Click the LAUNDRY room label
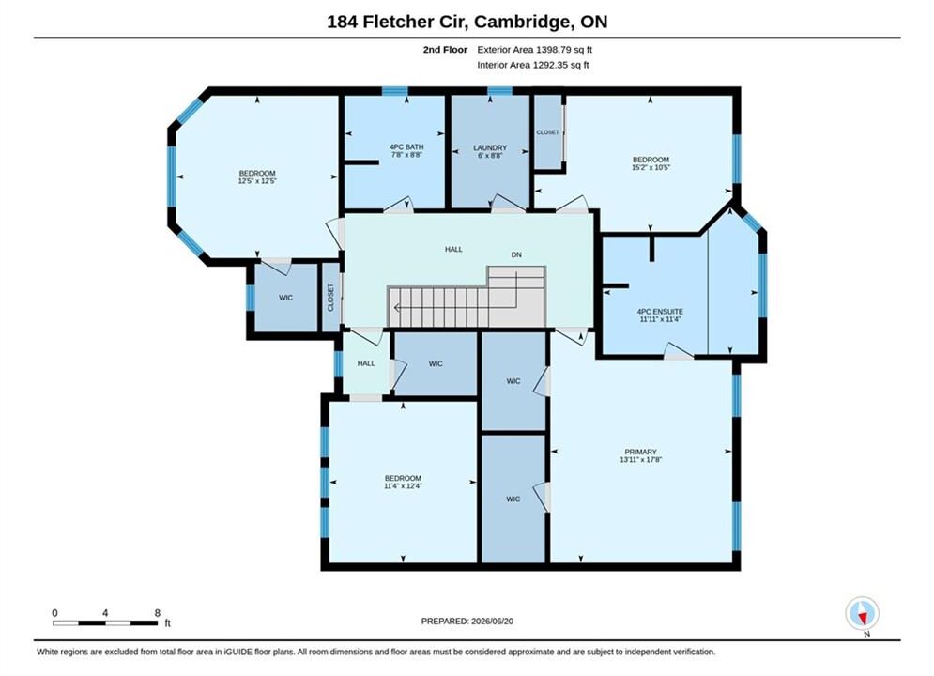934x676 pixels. (x=490, y=147)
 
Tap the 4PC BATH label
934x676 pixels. (x=406, y=147)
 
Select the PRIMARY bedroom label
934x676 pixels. (x=640, y=452)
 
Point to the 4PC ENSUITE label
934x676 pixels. (x=660, y=312)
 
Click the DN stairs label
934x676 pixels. (x=516, y=254)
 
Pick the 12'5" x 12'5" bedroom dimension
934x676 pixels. (x=257, y=181)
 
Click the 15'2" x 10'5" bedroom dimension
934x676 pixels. (x=651, y=167)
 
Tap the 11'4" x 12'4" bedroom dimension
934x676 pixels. (x=404, y=486)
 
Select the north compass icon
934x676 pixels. (x=862, y=613)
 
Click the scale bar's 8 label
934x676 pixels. (x=158, y=613)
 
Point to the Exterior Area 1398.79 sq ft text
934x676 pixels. (x=534, y=50)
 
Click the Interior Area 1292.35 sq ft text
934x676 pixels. (x=532, y=65)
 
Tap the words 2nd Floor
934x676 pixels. (x=445, y=50)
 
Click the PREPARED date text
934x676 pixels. (x=467, y=622)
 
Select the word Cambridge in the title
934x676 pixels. (x=521, y=22)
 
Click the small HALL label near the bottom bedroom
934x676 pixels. (x=366, y=363)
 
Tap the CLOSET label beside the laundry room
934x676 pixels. (x=547, y=132)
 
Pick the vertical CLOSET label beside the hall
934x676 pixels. (x=330, y=298)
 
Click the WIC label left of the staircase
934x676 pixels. (x=286, y=298)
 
